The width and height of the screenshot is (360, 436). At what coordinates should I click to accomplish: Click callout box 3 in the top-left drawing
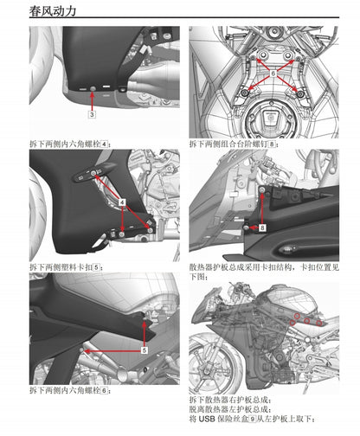point(92,114)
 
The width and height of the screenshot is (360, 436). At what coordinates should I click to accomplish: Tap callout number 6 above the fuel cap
point(273,74)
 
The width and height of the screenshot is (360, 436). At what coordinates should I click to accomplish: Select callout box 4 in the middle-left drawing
point(123,201)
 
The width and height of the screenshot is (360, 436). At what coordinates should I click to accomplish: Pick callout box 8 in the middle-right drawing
point(262,227)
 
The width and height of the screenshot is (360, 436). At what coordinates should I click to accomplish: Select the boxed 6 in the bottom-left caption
point(105,391)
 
